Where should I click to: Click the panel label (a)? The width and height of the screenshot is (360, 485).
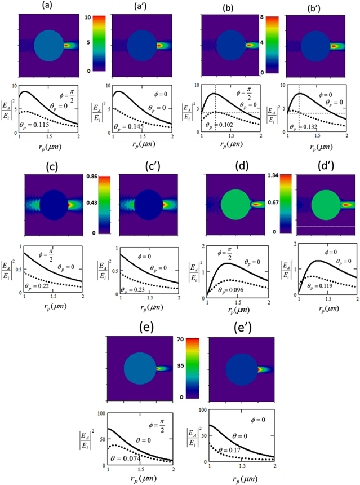click(46, 7)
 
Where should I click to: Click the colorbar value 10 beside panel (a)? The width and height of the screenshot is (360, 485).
click(103, 17)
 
